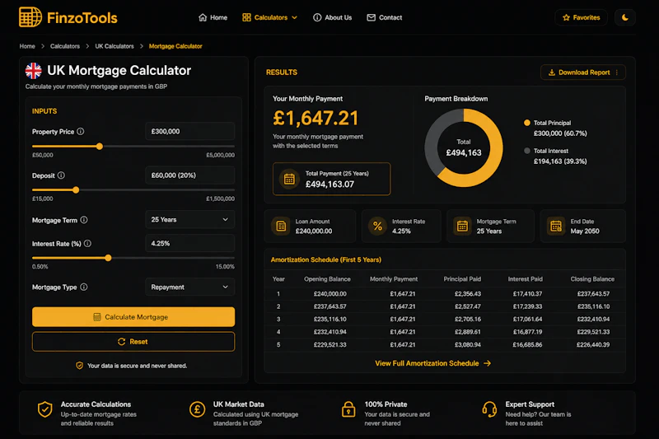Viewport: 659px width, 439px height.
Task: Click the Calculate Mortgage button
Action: [133, 317]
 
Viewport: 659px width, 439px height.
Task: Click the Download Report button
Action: [583, 72]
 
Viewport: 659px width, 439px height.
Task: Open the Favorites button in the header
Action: [582, 17]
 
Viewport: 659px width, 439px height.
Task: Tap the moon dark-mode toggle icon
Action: [625, 17]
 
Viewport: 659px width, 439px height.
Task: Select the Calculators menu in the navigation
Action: [270, 17]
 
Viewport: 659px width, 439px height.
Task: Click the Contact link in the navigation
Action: [385, 17]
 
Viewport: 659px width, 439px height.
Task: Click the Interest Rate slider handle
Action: [108, 258]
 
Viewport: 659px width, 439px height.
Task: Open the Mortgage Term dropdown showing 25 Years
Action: [190, 220]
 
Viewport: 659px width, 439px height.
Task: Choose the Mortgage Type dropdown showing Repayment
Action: [190, 287]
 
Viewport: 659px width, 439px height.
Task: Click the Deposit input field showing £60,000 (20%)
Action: [190, 175]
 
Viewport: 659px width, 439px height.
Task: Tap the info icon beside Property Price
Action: [81, 132]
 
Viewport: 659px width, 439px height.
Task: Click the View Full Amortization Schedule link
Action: [433, 363]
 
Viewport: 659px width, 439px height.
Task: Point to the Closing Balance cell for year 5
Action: [593, 345]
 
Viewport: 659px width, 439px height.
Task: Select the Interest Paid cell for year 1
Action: [527, 294]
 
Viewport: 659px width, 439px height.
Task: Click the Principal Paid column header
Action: [462, 279]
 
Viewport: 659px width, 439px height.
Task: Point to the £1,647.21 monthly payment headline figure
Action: [315, 118]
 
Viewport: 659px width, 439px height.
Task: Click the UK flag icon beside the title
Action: [34, 71]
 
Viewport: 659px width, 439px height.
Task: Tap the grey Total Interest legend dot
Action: [527, 151]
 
